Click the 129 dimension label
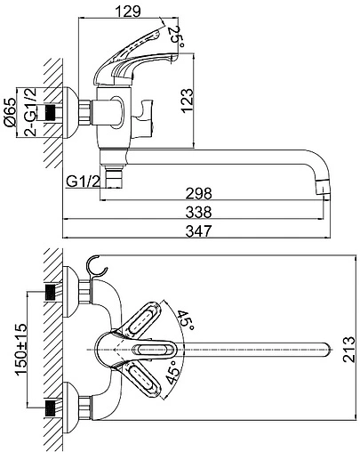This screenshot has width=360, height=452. coord(127,11)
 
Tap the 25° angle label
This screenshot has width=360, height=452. coord(176,36)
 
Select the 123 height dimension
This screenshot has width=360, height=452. coord(187,101)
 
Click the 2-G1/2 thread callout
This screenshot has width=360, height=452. coord(30,111)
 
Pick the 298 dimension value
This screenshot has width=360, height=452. coord(198,193)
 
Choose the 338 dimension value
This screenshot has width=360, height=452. coord(198,212)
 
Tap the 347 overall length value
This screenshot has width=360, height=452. coord(198,231)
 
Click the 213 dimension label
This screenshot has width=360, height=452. coord(348,349)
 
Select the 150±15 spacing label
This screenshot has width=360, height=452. coord(21,350)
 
